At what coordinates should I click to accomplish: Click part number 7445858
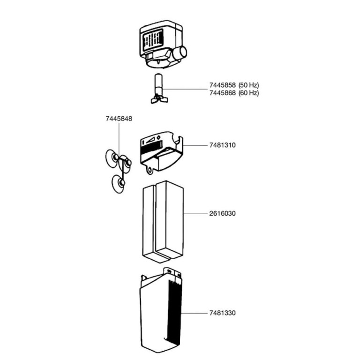point(222,85)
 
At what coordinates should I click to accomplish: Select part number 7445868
point(222,93)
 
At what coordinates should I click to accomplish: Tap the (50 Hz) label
point(248,85)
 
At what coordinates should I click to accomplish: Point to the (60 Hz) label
point(248,93)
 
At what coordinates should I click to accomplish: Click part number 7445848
point(119,119)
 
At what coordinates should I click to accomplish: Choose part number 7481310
point(222,145)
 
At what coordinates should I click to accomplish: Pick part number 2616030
point(222,214)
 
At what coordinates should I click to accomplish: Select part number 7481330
point(222,313)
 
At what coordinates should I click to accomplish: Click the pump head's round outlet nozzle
point(180,53)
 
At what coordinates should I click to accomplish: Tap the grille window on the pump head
point(153,41)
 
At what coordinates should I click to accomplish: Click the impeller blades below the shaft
point(159,100)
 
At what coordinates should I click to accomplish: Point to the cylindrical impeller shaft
point(158,84)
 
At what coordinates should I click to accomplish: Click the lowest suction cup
point(119,184)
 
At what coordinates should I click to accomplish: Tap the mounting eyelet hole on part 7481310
point(150,170)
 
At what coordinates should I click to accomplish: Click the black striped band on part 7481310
point(152,148)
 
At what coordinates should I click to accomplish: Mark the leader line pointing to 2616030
point(195,214)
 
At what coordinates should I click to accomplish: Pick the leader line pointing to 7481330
point(194,313)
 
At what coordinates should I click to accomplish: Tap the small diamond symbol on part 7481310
point(158,137)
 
